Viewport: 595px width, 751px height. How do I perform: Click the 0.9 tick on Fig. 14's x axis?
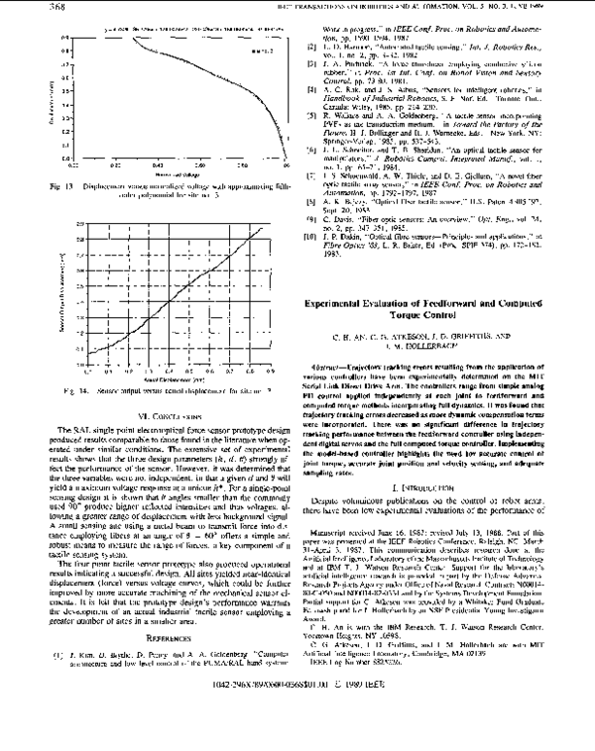pyautogui.click(x=259, y=374)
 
